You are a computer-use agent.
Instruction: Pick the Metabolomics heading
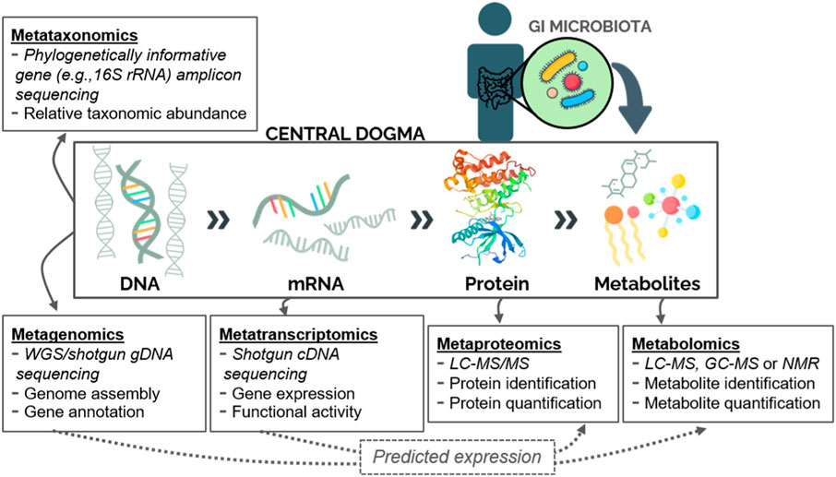click(x=680, y=344)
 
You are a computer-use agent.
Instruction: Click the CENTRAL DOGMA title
click(x=345, y=137)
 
